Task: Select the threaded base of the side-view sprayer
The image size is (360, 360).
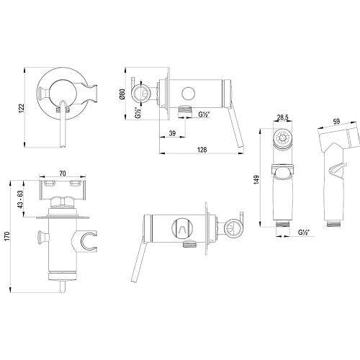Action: click(333, 223)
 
